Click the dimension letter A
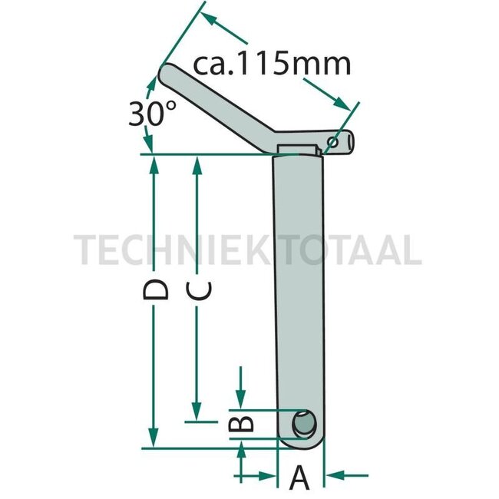pos(299,478)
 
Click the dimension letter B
pos(242,423)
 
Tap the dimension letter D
pos(156,291)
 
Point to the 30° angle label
pos(147,114)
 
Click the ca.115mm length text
pos(273,63)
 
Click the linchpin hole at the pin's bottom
pos(304,424)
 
